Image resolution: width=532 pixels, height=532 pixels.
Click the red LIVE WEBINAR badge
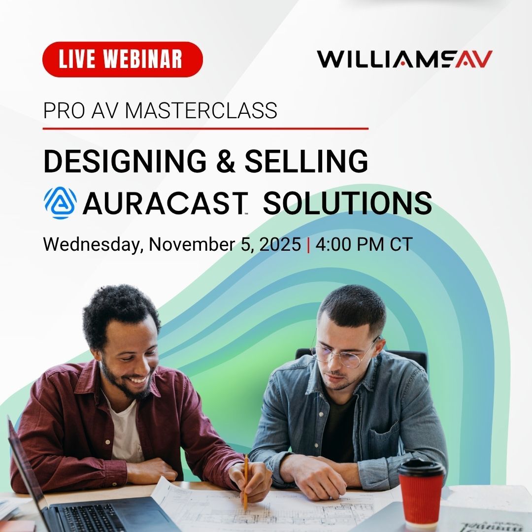pos(123,60)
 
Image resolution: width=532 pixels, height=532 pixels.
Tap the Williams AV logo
pos(404,60)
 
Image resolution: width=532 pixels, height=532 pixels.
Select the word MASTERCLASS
pos(200,111)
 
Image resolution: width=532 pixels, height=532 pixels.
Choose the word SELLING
pos(306,161)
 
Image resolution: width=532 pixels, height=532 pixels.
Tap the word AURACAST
pos(164,203)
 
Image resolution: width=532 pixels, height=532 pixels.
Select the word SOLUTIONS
pos(347,203)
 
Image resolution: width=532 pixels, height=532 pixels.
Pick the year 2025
pos(278,244)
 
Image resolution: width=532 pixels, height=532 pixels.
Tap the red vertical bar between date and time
pos(309,244)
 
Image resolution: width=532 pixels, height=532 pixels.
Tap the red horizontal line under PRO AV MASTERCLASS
pos(205,129)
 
